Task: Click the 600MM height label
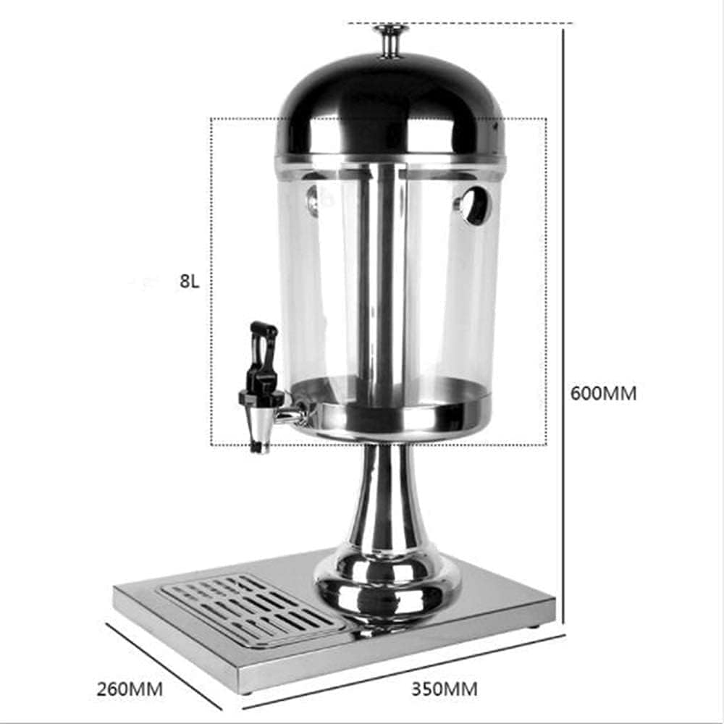[604, 393]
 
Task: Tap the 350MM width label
[445, 689]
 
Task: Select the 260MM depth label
[130, 689]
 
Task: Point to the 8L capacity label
[189, 281]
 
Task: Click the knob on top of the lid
[391, 41]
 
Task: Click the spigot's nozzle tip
[259, 447]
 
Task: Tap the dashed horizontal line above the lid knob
[460, 22]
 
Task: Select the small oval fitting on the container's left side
[313, 201]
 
